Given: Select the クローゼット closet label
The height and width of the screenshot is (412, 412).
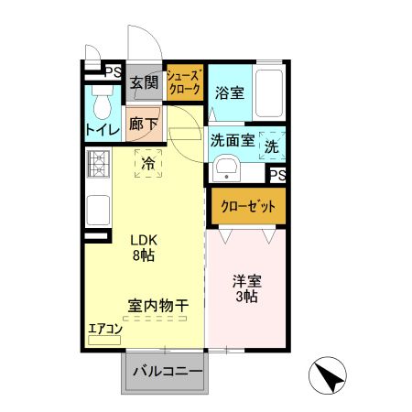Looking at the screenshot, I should point(247,207).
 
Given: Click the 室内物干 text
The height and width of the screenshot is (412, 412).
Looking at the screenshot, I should point(157,305).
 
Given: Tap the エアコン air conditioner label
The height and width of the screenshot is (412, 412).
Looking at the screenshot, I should point(104,327).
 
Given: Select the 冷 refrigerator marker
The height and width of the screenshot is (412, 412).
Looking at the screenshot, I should point(147,164).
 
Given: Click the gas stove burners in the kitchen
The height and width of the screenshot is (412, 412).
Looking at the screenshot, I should point(98,166).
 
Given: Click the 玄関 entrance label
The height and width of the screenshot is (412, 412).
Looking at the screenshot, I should point(144,83).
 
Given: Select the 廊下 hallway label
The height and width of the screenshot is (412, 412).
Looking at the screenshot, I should point(144,123).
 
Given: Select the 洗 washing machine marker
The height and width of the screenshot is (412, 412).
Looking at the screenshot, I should point(272,145).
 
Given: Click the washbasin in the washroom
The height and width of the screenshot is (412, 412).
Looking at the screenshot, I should point(226,169).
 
